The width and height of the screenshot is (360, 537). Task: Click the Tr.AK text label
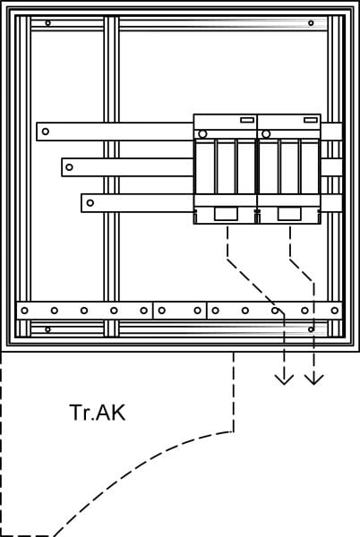coord(98,413)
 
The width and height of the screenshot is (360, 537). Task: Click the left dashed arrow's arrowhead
coord(284,379)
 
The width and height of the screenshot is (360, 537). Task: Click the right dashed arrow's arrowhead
coord(314,379)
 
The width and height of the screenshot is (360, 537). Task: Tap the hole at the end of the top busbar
coord(45,132)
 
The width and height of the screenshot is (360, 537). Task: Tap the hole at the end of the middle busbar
coord(69,167)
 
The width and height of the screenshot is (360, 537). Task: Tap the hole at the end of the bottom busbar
coord(90,203)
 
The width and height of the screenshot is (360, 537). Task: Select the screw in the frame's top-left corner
coord(48,23)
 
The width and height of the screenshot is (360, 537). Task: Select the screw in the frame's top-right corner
coord(311,23)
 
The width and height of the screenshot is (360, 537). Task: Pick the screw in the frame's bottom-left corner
coord(48,329)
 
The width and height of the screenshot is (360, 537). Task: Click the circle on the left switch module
coord(202,134)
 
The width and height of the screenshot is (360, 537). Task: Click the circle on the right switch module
coord(266,134)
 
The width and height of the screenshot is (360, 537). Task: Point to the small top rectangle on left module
coord(247,120)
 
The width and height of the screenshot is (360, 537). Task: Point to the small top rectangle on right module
coord(311,120)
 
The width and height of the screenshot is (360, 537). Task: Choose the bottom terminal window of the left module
coord(226,214)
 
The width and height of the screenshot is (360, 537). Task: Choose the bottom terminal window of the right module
coord(289,214)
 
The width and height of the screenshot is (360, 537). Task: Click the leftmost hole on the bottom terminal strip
coord(24,311)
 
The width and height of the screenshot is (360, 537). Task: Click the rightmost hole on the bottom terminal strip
coord(335,311)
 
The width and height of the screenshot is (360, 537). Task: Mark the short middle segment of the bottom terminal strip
coord(180,311)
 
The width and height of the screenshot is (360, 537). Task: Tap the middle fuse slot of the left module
coord(226,166)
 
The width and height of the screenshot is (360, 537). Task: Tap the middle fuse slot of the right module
coord(289,166)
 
